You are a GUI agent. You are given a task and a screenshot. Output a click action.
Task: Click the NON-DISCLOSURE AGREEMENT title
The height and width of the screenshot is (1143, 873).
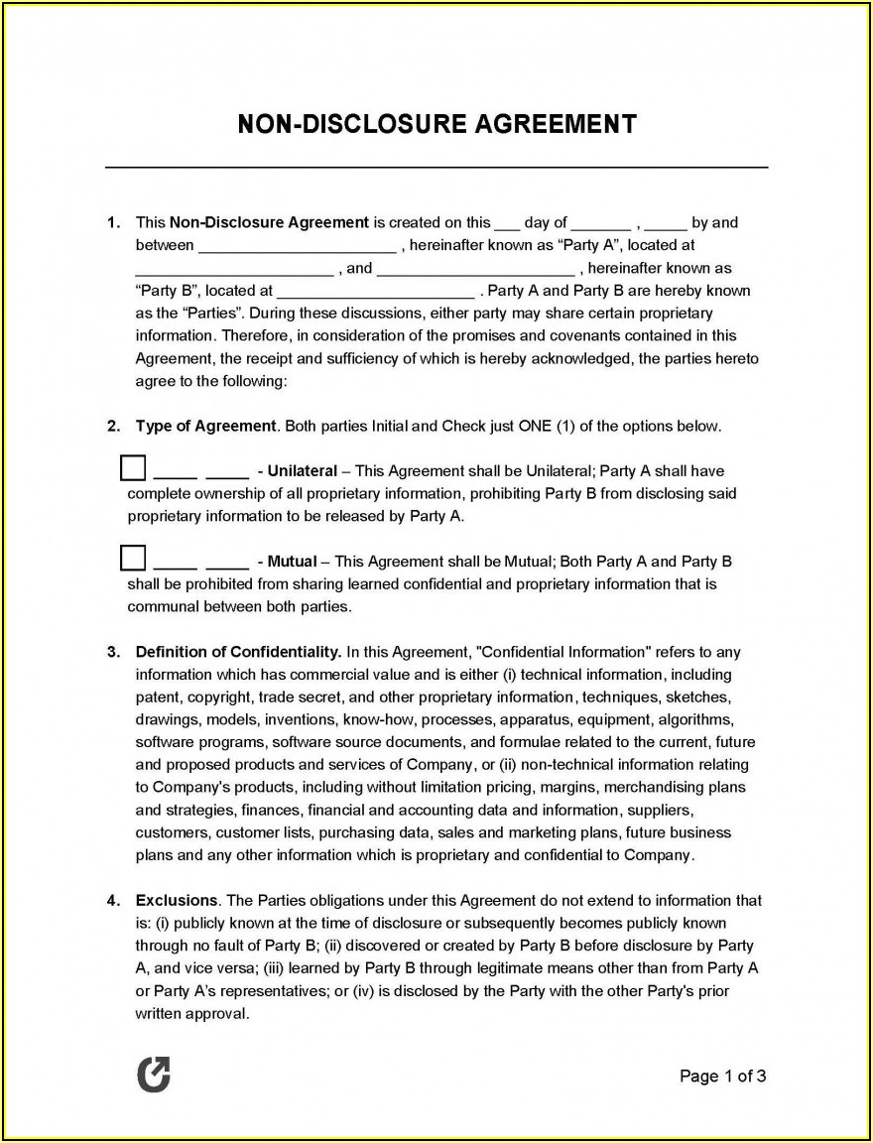[x=436, y=124]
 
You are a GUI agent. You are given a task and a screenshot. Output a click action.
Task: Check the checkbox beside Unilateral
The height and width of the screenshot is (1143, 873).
[x=133, y=467]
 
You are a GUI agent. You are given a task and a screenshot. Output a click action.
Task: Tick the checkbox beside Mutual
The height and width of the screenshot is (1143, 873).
[x=133, y=558]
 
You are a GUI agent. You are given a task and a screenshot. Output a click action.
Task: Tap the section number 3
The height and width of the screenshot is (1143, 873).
[x=112, y=653]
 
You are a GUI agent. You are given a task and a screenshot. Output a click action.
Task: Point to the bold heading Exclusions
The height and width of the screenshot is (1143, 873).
[x=177, y=901]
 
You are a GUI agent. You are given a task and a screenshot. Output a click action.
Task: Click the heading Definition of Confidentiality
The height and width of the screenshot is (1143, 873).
[x=238, y=653]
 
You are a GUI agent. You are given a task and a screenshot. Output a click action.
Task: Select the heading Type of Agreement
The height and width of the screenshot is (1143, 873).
[x=205, y=427]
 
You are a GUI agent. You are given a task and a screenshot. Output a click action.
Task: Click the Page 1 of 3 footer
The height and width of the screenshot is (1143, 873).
[x=722, y=1077]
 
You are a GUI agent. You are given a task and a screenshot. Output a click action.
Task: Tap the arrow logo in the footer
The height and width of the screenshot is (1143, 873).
[x=153, y=1076]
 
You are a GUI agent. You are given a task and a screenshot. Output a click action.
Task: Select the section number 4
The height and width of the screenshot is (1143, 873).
[x=112, y=901]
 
